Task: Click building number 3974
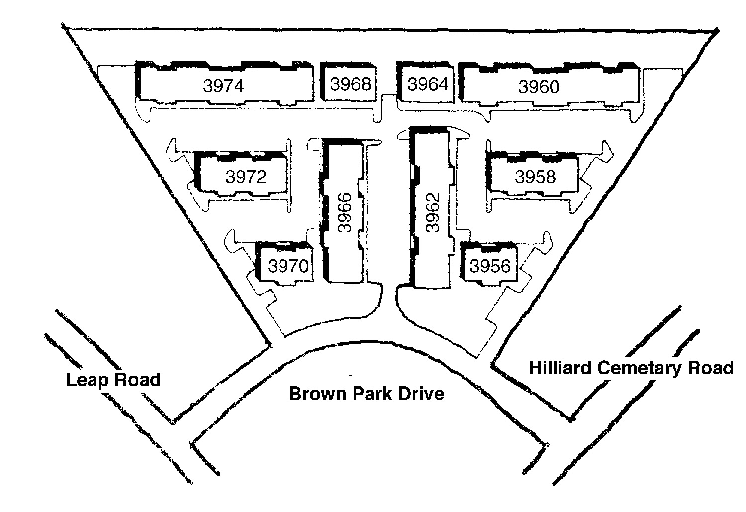[x=223, y=86]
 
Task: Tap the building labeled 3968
[x=351, y=84]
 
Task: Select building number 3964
[x=428, y=84]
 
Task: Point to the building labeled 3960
[x=539, y=87]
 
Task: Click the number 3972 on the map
[x=246, y=176]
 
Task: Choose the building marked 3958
[x=535, y=176]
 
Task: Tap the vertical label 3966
[x=344, y=212]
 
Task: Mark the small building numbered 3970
[x=288, y=266]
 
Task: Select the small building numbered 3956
[x=490, y=266]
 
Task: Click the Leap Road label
[x=113, y=380]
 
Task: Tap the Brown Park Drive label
[x=367, y=394]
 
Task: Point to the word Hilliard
[x=560, y=368]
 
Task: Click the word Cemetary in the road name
[x=640, y=368]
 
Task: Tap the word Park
[x=369, y=394]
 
